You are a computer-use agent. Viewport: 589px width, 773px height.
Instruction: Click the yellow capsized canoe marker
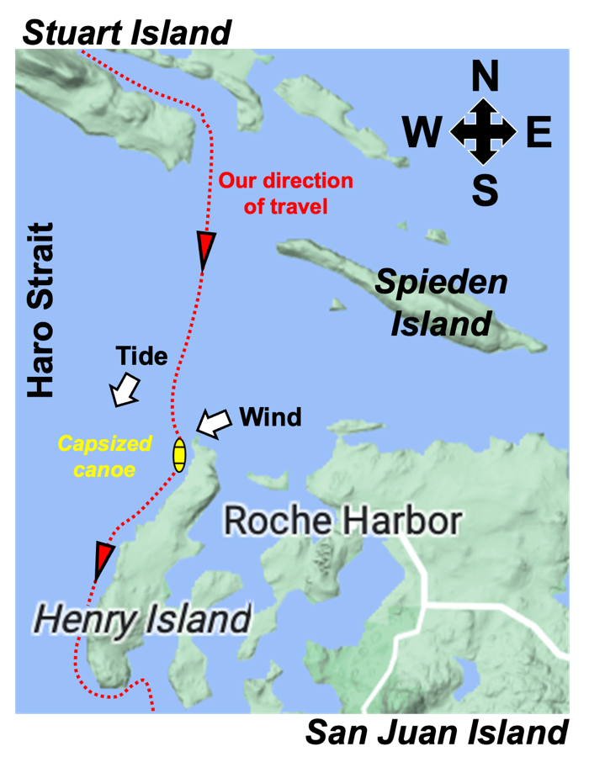tap(178, 454)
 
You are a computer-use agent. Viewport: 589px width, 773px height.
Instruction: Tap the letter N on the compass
tap(484, 77)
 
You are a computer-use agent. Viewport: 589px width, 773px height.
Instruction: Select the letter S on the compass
tap(484, 190)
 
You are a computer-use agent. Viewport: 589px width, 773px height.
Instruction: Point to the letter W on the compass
tap(422, 133)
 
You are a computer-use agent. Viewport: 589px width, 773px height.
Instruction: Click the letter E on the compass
tap(539, 133)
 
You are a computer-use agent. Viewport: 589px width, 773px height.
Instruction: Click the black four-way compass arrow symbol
tap(483, 132)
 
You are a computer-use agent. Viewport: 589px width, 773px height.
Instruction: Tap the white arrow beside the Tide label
tap(125, 390)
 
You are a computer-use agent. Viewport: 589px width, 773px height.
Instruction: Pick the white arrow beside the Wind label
tap(214, 423)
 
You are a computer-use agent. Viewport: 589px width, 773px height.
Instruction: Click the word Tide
tap(142, 357)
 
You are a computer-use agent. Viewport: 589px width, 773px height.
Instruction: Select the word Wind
tap(270, 416)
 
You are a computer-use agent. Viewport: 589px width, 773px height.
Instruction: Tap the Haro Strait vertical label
tap(40, 310)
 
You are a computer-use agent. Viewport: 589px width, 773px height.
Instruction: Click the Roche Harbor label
tap(342, 522)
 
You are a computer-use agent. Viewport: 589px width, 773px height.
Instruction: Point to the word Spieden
tap(441, 282)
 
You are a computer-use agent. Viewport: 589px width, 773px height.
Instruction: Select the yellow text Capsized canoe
tap(104, 456)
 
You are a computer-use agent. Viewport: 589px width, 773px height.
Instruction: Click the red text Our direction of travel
tap(285, 193)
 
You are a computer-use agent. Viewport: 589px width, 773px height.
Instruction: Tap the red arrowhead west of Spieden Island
tap(205, 250)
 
